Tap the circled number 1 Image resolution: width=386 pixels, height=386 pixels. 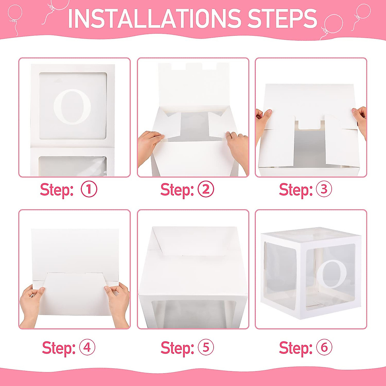89,189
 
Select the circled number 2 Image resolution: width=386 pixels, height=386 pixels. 206,189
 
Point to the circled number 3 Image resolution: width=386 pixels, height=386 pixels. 324,189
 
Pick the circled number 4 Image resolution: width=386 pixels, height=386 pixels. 87,348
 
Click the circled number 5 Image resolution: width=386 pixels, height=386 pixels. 206,348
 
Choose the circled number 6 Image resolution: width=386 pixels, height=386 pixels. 324,348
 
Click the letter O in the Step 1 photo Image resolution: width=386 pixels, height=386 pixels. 73,107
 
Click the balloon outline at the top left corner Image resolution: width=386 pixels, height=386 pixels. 15,15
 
